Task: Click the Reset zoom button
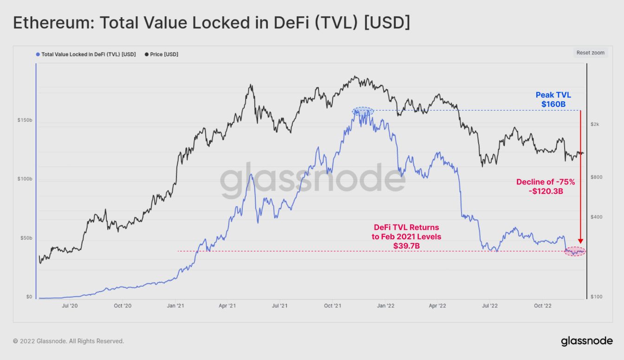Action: (590, 53)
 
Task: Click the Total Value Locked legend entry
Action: (88, 54)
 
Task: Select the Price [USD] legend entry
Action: (164, 54)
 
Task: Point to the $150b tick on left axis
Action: (25, 120)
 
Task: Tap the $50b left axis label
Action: (26, 238)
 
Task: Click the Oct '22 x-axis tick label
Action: (542, 306)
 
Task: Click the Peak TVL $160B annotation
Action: (553, 100)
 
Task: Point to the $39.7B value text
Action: (406, 245)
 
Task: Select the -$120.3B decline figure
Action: (546, 191)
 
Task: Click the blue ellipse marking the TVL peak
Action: (363, 111)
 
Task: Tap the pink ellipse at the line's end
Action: (575, 251)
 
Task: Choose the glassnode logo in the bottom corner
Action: (586, 341)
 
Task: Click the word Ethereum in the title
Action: (47, 23)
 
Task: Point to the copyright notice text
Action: (68, 341)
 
